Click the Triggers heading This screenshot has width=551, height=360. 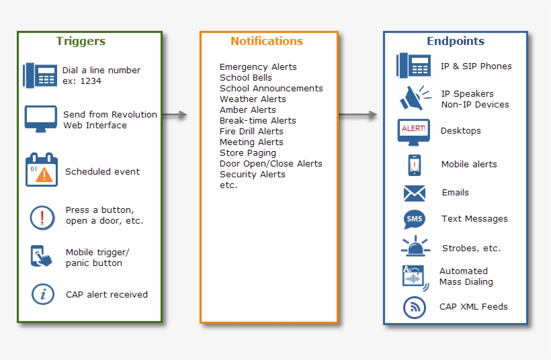tap(81, 41)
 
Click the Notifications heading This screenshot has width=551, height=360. tap(267, 41)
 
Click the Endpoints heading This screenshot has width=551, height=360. tap(455, 41)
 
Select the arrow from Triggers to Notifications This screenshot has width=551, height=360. tap(174, 115)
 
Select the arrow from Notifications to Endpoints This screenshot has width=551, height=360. tap(358, 115)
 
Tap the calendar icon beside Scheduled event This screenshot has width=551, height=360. tap(42, 170)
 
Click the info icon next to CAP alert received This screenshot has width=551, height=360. tap(43, 294)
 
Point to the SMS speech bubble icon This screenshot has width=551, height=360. tap(414, 220)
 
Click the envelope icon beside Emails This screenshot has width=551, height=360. tap(415, 193)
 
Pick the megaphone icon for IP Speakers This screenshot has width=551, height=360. tap(415, 98)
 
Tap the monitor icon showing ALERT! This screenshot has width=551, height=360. tap(414, 131)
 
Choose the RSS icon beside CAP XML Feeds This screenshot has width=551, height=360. tap(415, 307)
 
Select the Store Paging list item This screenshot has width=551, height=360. tap(247, 153)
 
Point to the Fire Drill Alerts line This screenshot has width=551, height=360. tap(251, 132)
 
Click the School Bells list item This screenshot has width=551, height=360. tap(245, 78)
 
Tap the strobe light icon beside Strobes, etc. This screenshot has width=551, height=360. tap(415, 246)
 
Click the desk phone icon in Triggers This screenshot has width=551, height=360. tap(40, 75)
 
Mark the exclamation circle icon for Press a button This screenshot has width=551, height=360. tap(42, 217)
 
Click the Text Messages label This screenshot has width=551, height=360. tap(474, 219)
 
